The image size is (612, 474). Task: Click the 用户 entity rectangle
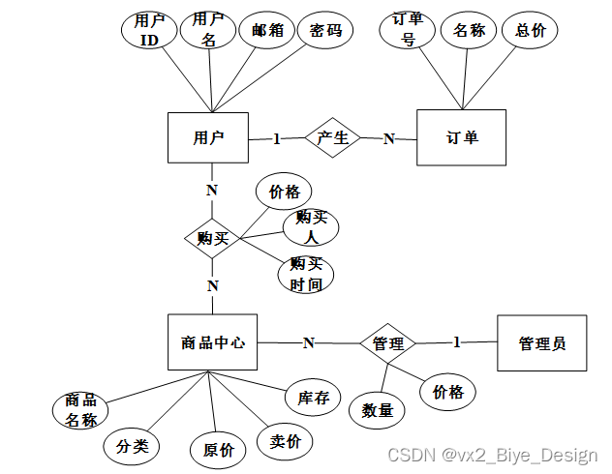tap(208, 138)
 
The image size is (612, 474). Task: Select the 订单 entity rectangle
tap(462, 137)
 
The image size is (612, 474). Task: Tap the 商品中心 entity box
tap(212, 342)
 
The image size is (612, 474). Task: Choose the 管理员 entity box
tap(541, 342)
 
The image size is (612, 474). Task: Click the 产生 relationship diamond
tap(333, 137)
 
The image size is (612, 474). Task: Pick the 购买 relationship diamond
tap(212, 237)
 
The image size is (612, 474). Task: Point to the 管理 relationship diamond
tap(387, 342)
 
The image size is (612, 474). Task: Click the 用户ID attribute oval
tap(149, 30)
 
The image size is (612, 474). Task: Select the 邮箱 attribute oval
tap(266, 30)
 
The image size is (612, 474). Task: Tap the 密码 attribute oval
tap(325, 30)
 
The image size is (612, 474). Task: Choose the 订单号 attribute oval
tap(409, 30)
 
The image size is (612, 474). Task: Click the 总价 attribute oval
tap(530, 30)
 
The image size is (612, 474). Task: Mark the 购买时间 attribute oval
tap(306, 275)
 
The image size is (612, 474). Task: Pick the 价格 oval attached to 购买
tap(284, 192)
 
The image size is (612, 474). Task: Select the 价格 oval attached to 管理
tap(447, 391)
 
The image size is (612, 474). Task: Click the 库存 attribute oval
tap(314, 397)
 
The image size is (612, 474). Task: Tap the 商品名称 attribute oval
tap(80, 410)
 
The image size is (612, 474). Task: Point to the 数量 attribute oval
tap(378, 409)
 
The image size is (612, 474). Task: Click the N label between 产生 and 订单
tap(388, 138)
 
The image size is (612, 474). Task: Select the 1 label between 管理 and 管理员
tap(457, 341)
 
